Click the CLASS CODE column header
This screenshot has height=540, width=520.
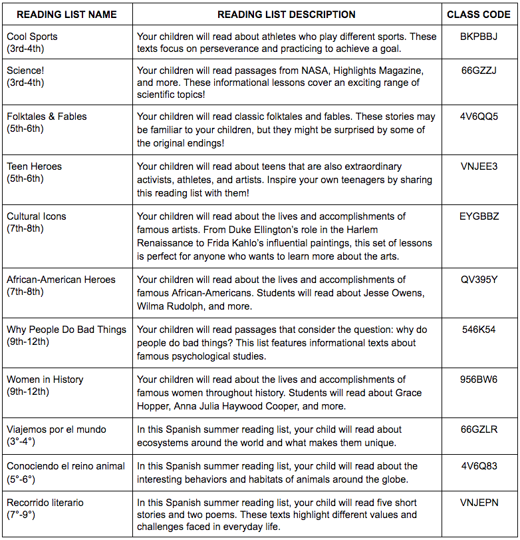[x=479, y=14]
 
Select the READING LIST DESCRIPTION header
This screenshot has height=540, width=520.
[x=287, y=14]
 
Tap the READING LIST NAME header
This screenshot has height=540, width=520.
[x=66, y=14]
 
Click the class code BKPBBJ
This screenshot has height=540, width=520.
[x=479, y=37]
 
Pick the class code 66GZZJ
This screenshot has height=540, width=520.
[x=479, y=70]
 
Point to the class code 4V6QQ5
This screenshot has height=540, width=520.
[x=479, y=117]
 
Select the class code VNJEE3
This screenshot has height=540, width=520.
[x=479, y=166]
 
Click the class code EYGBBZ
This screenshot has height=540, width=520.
[x=479, y=216]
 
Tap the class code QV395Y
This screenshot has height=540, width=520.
[x=479, y=280]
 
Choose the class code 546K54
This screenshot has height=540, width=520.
[x=479, y=330]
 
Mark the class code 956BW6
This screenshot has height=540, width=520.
[x=479, y=380]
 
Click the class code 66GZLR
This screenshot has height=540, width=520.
[x=479, y=429]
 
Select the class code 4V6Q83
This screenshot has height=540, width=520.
[x=479, y=466]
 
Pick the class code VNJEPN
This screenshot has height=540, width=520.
[x=479, y=503]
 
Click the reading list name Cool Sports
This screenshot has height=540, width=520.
[x=32, y=37]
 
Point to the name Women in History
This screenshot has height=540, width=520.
[x=45, y=380]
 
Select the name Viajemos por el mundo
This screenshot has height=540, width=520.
[x=57, y=429]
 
